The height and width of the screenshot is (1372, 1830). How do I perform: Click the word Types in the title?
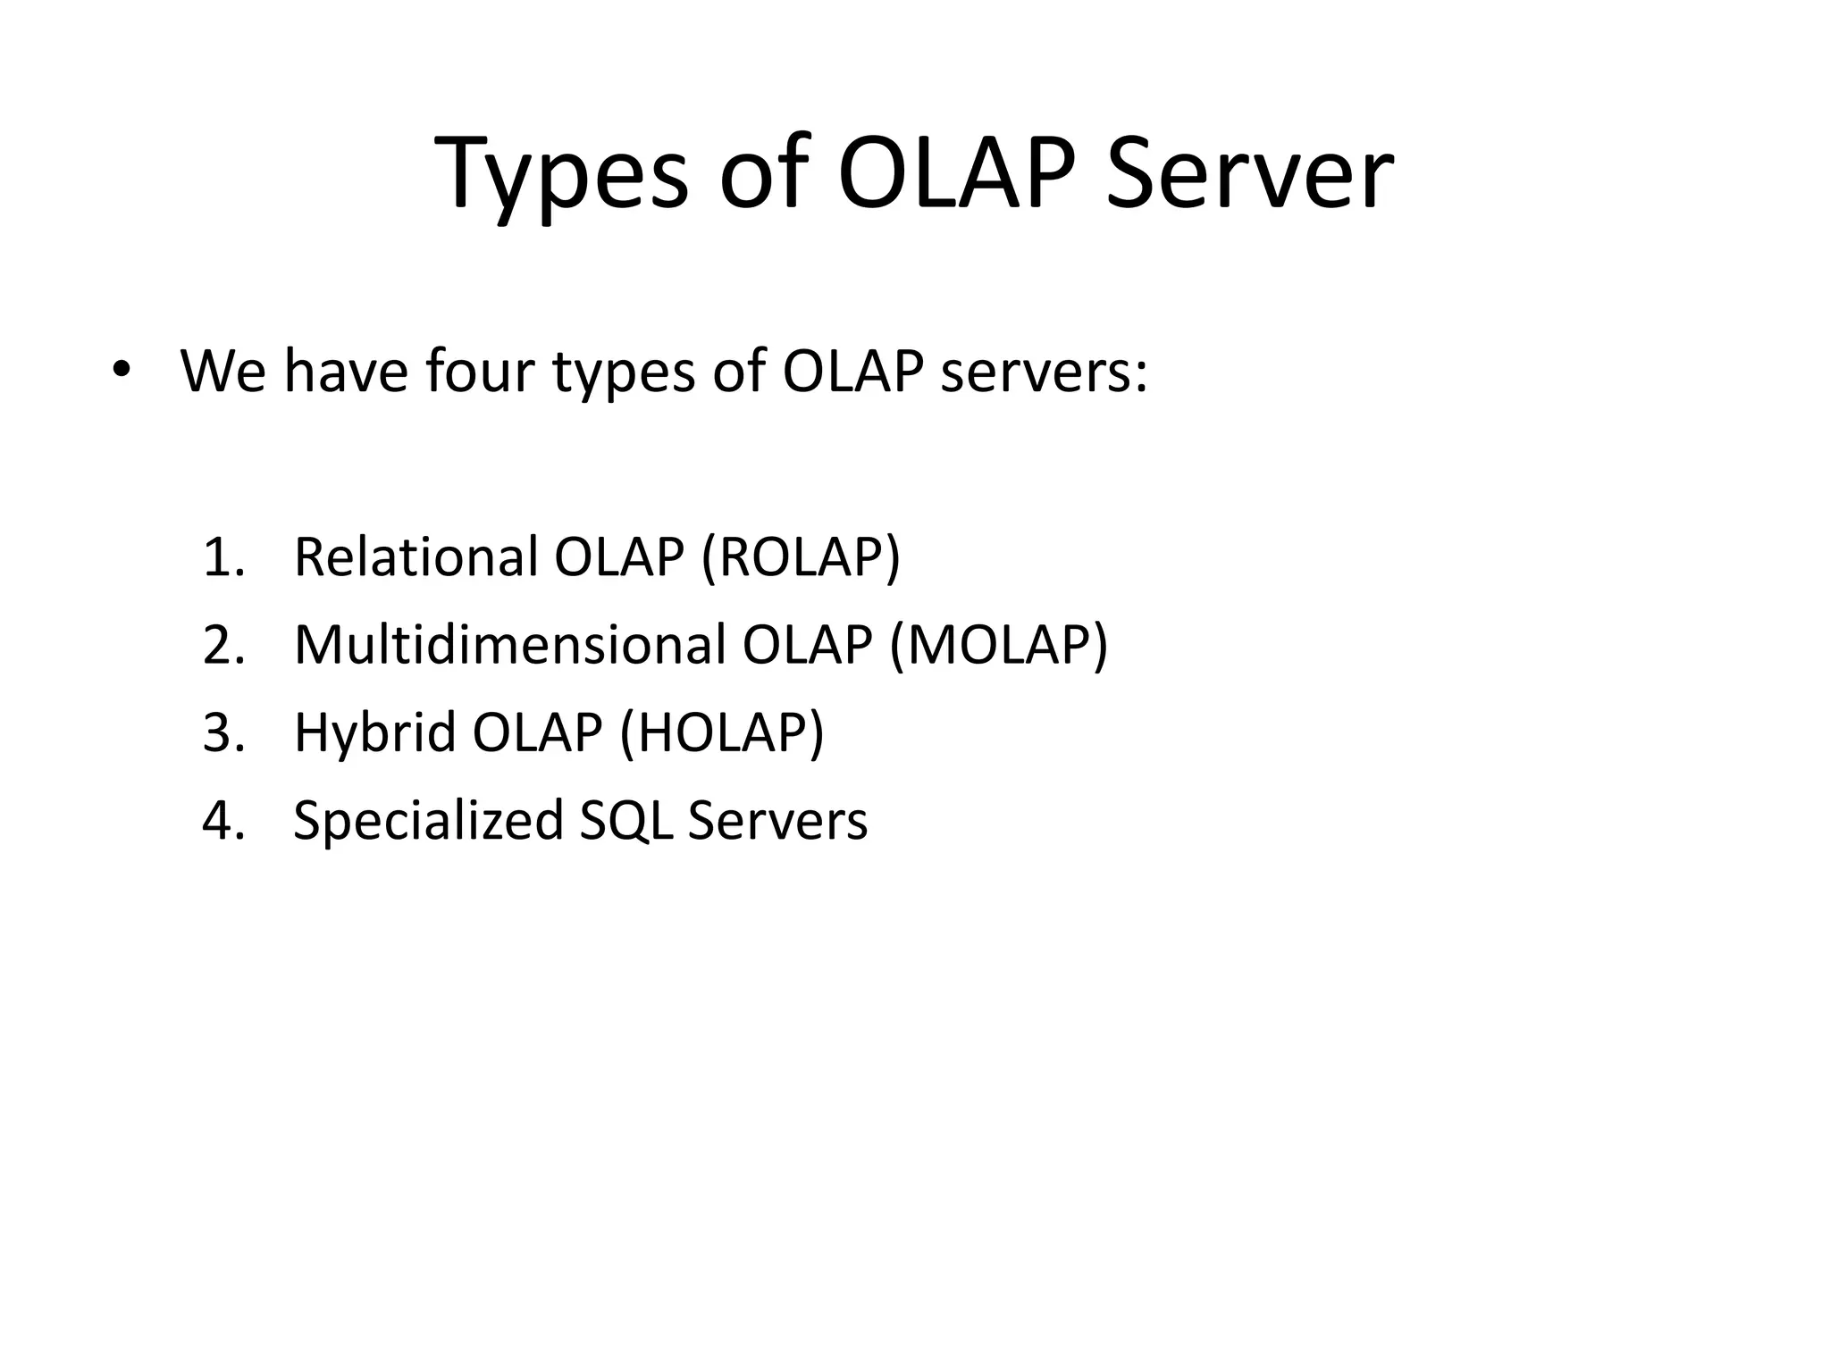click(562, 174)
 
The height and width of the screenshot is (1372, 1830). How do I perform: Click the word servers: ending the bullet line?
click(1044, 372)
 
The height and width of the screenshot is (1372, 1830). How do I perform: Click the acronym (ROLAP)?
click(801, 557)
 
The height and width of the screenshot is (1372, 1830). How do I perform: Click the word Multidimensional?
click(510, 644)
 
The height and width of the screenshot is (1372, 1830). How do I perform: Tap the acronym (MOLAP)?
click(998, 645)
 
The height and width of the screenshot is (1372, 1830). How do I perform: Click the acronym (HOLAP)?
click(721, 732)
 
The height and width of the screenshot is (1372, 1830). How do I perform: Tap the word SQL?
click(625, 820)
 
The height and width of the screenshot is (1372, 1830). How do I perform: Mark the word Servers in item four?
click(777, 820)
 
